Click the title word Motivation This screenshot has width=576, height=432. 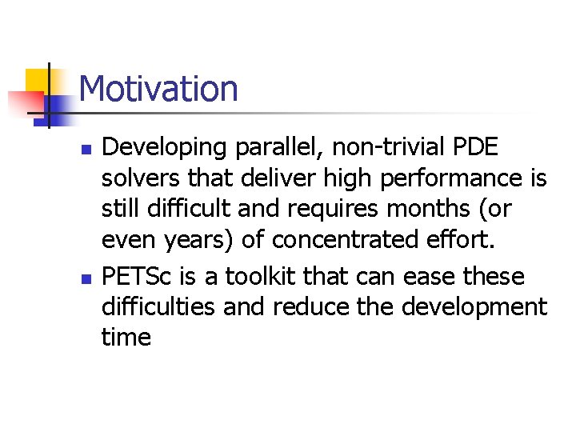point(158,88)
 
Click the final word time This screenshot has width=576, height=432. point(126,337)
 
